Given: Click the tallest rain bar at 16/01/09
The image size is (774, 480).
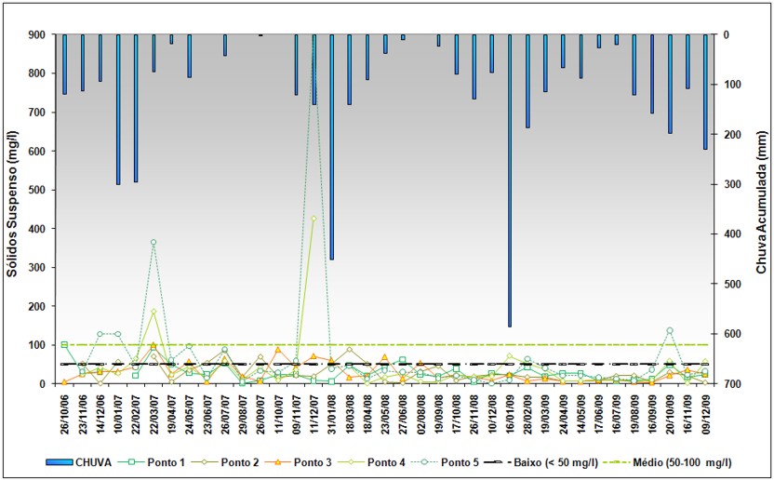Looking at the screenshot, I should pos(509,180).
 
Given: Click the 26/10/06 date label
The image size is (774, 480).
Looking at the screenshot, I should pos(64,414).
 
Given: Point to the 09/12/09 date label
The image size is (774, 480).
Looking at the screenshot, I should pos(705,414).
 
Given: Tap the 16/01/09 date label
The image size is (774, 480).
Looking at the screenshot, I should pos(509,414).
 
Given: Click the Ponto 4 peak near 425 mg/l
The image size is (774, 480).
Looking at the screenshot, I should pos(314,219).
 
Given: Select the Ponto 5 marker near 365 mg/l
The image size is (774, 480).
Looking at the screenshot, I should pos(153,242).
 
